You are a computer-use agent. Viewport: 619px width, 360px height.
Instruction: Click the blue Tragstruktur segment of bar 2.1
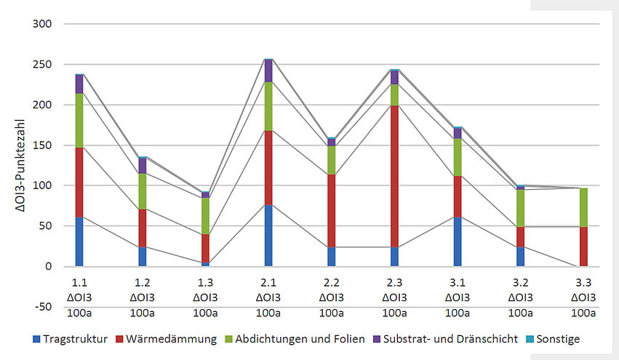268,236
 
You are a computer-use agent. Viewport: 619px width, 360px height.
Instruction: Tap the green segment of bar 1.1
79,120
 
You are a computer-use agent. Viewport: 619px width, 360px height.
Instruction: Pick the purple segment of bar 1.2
143,165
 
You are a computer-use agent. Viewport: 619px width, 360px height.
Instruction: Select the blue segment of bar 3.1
457,241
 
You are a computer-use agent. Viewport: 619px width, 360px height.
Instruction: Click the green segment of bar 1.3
205,215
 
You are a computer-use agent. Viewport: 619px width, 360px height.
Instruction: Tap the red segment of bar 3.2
520,236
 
